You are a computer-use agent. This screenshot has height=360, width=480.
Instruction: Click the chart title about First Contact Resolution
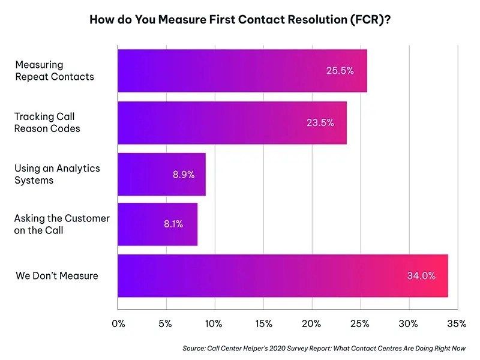point(241,19)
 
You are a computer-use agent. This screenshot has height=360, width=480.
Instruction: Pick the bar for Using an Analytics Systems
point(161,174)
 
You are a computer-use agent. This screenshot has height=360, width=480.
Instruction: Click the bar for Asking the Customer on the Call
point(157,224)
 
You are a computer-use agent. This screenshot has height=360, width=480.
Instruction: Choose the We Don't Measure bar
point(282,276)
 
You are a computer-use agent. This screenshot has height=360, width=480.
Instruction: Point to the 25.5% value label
point(340,71)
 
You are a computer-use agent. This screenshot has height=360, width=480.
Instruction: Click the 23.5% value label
point(320,122)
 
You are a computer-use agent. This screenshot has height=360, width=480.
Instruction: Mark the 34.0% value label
point(421,277)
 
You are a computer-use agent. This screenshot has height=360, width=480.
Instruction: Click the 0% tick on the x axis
point(118,324)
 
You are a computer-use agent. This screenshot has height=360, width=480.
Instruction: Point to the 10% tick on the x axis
point(214,324)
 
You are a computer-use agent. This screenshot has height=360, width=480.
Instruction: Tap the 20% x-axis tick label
point(311,324)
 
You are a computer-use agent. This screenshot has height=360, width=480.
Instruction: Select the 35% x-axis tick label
point(457,324)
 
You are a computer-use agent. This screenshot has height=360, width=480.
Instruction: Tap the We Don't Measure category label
point(56,276)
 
